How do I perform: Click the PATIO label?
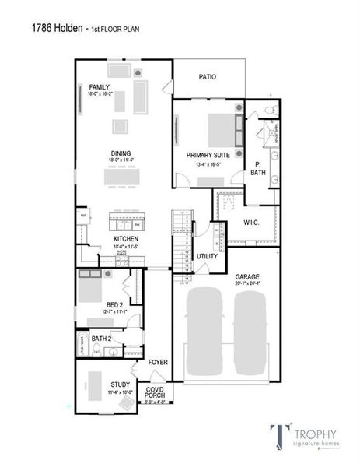click(207, 77)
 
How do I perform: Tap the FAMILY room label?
click(99, 86)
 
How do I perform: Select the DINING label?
click(121, 153)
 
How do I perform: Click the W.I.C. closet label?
click(250, 223)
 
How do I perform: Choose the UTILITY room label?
click(207, 256)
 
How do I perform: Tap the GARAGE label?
click(247, 277)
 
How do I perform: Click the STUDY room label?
click(120, 384)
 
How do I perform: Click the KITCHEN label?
click(125, 239)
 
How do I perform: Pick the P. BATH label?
click(258, 168)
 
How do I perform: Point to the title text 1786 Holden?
click(55, 28)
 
